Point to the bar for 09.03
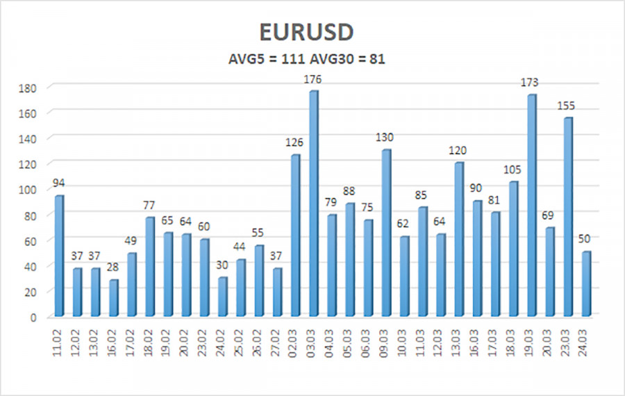[x=387, y=233]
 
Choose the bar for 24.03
[x=587, y=283]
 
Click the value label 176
[x=313, y=80]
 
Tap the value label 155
[x=567, y=106]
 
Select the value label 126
[x=295, y=143]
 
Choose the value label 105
[x=514, y=170]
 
